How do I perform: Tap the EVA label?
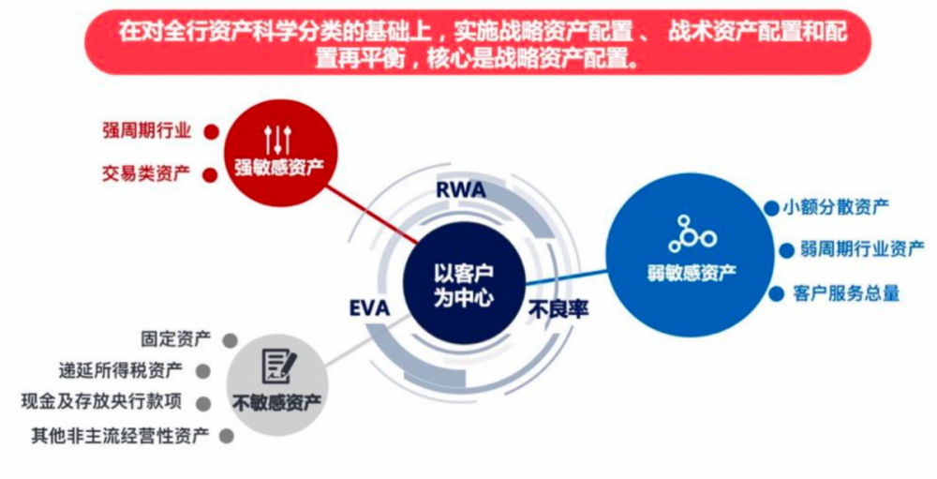(x=368, y=308)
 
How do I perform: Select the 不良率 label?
(x=558, y=308)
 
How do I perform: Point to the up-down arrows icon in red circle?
(x=278, y=140)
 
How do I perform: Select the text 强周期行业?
(x=147, y=130)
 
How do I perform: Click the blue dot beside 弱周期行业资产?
(x=780, y=250)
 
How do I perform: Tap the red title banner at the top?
(x=468, y=42)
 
